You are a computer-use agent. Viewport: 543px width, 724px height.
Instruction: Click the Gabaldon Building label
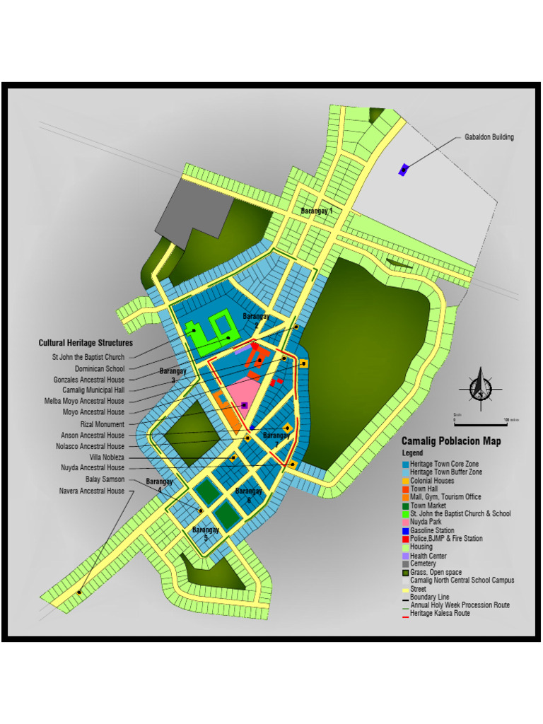(x=489, y=137)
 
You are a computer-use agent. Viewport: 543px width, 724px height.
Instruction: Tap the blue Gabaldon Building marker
(x=404, y=169)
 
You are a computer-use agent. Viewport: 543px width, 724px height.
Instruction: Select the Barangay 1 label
(x=316, y=211)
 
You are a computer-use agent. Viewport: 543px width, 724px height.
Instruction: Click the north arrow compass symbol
(x=481, y=387)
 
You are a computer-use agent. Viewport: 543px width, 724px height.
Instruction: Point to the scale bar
(x=481, y=422)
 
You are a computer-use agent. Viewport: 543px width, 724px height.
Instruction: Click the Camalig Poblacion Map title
(x=451, y=441)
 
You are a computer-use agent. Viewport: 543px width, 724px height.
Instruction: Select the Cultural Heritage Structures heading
(x=86, y=343)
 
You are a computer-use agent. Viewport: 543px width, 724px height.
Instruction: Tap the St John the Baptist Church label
(x=88, y=358)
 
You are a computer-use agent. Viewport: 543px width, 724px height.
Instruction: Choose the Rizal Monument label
(x=102, y=424)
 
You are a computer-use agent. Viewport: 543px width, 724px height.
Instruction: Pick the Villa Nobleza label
(x=106, y=457)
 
